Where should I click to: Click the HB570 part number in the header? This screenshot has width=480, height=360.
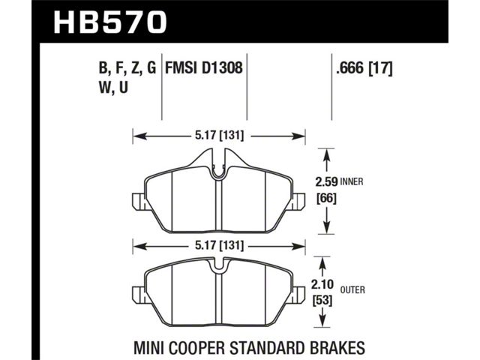coord(110,22)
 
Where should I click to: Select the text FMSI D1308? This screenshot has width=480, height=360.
coord(204,67)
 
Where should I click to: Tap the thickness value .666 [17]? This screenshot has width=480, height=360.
coord(364,67)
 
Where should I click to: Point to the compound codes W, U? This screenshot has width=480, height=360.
coord(113,88)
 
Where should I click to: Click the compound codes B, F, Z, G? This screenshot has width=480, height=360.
coord(127,68)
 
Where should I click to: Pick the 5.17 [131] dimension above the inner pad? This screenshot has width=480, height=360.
coord(220,135)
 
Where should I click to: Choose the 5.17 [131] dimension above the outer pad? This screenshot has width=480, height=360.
coord(220,245)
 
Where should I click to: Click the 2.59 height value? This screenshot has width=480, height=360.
coord(326,182)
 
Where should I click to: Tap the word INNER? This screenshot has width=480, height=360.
coord(352,181)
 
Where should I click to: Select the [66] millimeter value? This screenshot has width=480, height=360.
coord(326,199)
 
